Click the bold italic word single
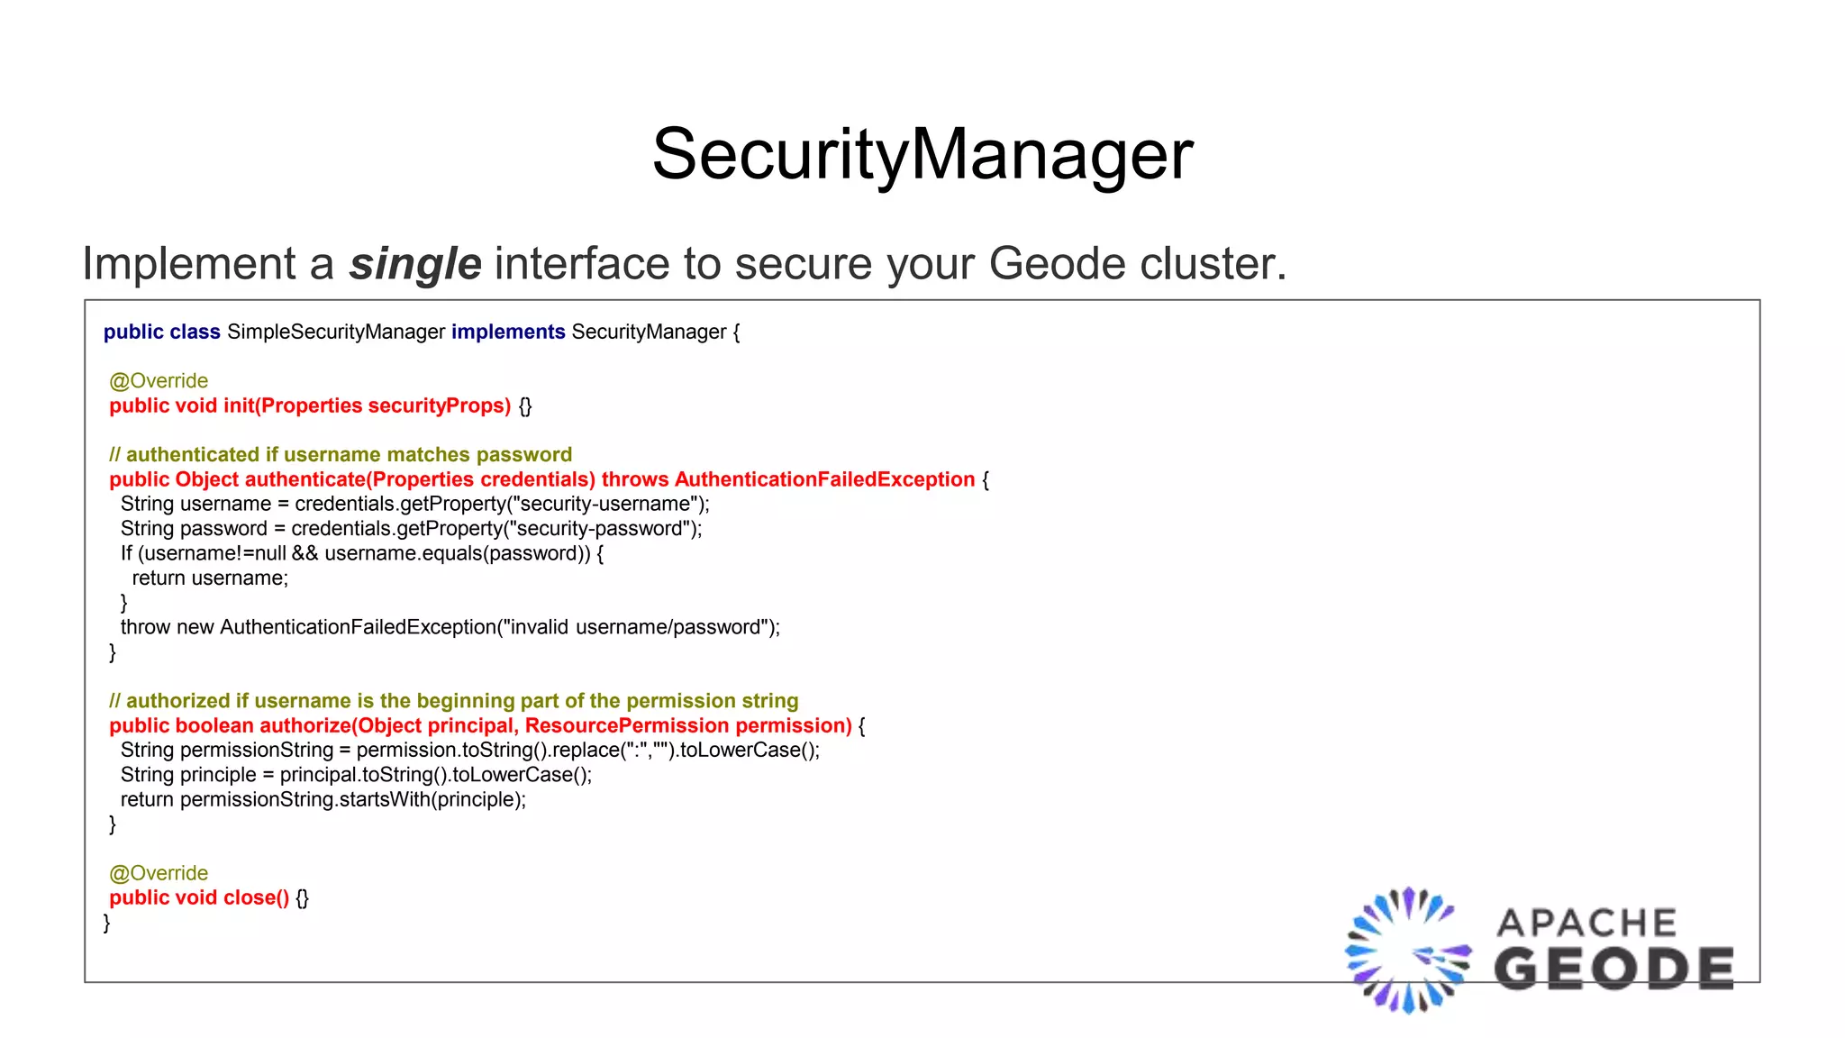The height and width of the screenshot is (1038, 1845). click(x=415, y=264)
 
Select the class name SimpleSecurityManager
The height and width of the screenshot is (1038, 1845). click(x=336, y=332)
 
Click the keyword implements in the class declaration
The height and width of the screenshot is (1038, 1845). click(x=508, y=332)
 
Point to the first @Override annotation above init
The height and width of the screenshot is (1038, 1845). click(x=159, y=380)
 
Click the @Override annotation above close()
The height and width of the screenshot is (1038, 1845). click(x=159, y=873)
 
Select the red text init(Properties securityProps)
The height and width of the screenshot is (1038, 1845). click(x=367, y=405)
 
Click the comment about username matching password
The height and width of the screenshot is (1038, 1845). click(x=341, y=454)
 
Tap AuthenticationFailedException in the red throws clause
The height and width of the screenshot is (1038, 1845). click(x=824, y=479)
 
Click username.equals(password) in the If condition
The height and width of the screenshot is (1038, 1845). click(x=457, y=553)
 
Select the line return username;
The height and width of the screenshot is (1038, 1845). click(x=210, y=578)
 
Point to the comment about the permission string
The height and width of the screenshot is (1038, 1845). click(x=454, y=700)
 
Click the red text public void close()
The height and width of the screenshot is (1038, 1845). click(x=199, y=897)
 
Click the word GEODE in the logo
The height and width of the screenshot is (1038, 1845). click(x=1613, y=969)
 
